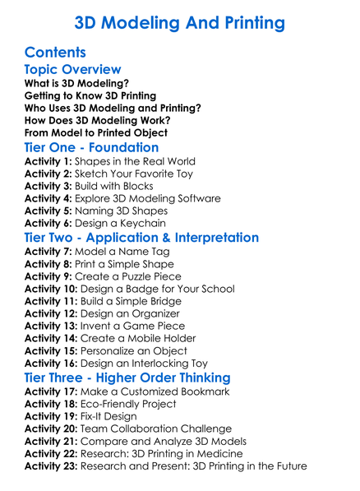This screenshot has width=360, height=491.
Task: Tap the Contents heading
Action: point(56,52)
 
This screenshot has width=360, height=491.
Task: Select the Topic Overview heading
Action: point(72,70)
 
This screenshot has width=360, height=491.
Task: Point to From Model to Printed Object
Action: point(96,132)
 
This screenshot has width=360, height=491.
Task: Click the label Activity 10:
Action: point(51,288)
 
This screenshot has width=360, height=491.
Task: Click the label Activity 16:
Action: point(51,363)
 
